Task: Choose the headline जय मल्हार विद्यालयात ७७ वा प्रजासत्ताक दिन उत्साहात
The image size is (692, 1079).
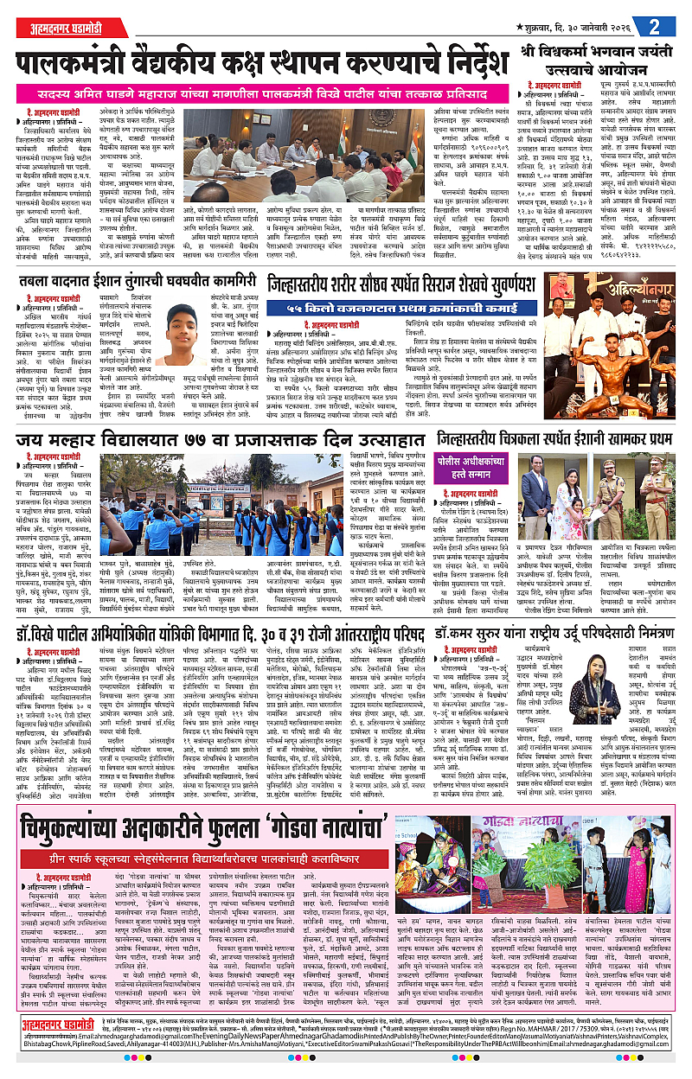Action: (215, 441)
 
